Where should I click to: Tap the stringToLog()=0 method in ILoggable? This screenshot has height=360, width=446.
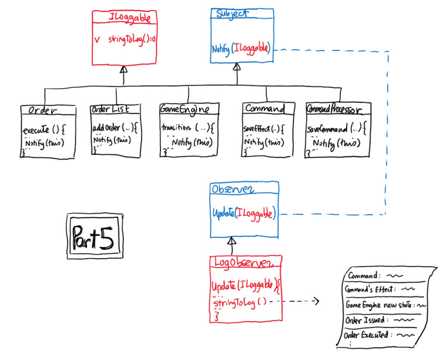pos(128,39)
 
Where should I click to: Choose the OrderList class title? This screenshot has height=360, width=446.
pos(115,109)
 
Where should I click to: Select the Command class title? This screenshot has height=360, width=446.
pos(265,109)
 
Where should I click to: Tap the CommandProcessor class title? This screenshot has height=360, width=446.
pos(338,109)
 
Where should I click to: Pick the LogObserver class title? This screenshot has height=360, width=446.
pos(247,261)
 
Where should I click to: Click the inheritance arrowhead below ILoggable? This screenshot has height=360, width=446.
pos(123,69)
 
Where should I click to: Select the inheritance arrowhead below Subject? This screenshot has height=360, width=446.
pos(236,67)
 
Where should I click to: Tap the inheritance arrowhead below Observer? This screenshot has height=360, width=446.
pos(232,241)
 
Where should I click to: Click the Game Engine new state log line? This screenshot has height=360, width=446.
pos(385,305)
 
